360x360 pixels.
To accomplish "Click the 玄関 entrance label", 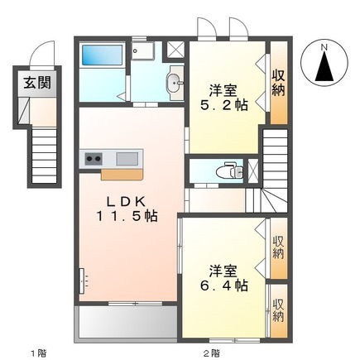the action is [x=37, y=83].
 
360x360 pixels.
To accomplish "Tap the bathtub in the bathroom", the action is [x=103, y=55].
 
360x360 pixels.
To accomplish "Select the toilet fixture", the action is [x=234, y=170].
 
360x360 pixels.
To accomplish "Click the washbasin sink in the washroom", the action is [x=174, y=83].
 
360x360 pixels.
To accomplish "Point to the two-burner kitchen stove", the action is [x=94, y=159].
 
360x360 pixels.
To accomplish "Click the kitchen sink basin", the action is [x=127, y=159].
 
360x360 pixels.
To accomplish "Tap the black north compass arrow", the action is [x=324, y=67].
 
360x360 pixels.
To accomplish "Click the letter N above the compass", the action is [x=324, y=47].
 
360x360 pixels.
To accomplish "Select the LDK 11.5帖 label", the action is [x=127, y=209].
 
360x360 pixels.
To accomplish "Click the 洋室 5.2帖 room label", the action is [x=223, y=98].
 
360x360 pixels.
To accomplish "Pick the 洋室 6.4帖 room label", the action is [x=223, y=278].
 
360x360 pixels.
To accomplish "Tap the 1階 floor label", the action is [x=38, y=353].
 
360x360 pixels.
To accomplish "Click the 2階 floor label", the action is [x=212, y=353].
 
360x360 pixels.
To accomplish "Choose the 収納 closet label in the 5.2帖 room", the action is [x=278, y=84].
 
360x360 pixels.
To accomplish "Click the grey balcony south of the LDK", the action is [x=126, y=322].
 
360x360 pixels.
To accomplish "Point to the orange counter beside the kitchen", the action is [x=122, y=175].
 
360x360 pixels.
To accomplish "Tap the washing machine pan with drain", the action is [x=142, y=51].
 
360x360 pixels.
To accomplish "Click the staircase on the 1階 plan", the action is [x=44, y=156].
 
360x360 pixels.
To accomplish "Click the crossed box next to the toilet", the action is [x=253, y=170].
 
